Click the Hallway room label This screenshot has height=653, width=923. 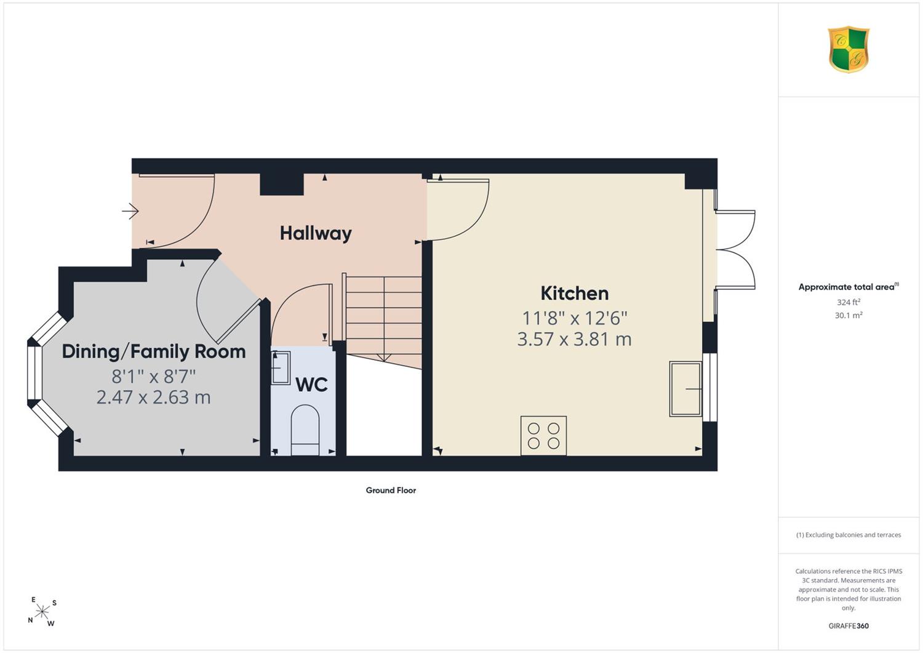(x=316, y=234)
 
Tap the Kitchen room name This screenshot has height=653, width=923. (x=574, y=294)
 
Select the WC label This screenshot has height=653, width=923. (x=312, y=385)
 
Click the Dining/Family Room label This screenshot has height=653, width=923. (x=154, y=351)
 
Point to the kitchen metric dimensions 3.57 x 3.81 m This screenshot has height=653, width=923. (x=574, y=339)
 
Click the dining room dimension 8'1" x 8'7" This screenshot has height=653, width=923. (x=154, y=377)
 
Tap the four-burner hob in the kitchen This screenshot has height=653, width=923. (x=543, y=436)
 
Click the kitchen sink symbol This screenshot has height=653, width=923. (x=685, y=389)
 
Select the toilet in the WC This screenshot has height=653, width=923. (x=305, y=430)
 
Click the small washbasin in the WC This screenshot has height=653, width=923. (x=281, y=367)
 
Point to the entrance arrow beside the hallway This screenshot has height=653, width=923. (x=130, y=211)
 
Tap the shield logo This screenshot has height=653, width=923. (x=849, y=49)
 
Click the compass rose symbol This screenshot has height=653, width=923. (x=42, y=612)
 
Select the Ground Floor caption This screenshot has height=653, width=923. (x=391, y=490)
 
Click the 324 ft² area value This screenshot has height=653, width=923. (x=849, y=302)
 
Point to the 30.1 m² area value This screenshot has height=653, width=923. (x=849, y=315)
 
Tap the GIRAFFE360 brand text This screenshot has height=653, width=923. (x=849, y=626)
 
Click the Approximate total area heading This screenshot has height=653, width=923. (x=849, y=287)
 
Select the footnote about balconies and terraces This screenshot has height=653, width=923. (x=849, y=535)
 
